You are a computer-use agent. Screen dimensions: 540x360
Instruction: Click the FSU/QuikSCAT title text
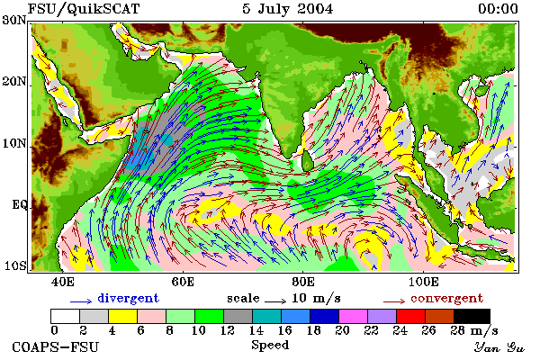click(x=84, y=9)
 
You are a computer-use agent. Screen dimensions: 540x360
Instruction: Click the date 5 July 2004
click(x=288, y=9)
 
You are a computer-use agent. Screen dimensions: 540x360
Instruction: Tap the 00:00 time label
click(x=498, y=9)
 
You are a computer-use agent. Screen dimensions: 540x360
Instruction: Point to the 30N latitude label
click(x=14, y=20)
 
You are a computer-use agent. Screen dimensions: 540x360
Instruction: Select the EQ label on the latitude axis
click(x=20, y=205)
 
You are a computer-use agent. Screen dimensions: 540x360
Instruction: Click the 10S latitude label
click(x=14, y=266)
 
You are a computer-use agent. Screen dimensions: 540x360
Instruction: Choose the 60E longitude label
click(x=183, y=282)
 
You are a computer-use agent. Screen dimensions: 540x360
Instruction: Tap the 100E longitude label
click(x=424, y=282)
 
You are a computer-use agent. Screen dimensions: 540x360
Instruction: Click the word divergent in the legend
click(x=128, y=298)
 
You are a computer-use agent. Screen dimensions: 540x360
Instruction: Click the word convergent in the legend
click(x=446, y=298)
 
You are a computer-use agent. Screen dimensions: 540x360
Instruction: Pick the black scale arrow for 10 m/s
click(x=275, y=301)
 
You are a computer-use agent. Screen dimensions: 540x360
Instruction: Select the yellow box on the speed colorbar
click(x=122, y=316)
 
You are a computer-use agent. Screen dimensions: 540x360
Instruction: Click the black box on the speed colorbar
click(x=472, y=316)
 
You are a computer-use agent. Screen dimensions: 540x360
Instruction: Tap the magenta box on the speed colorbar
click(x=353, y=316)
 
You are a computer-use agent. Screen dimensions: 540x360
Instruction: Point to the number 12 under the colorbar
click(x=228, y=330)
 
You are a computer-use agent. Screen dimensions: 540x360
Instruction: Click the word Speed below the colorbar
click(x=270, y=346)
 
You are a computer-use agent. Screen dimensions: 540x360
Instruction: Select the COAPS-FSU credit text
click(x=56, y=346)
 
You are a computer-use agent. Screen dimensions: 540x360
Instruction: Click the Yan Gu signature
click(x=499, y=347)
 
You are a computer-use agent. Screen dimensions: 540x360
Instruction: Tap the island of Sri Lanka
click(x=307, y=162)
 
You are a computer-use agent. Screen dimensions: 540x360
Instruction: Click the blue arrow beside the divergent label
click(x=81, y=301)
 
